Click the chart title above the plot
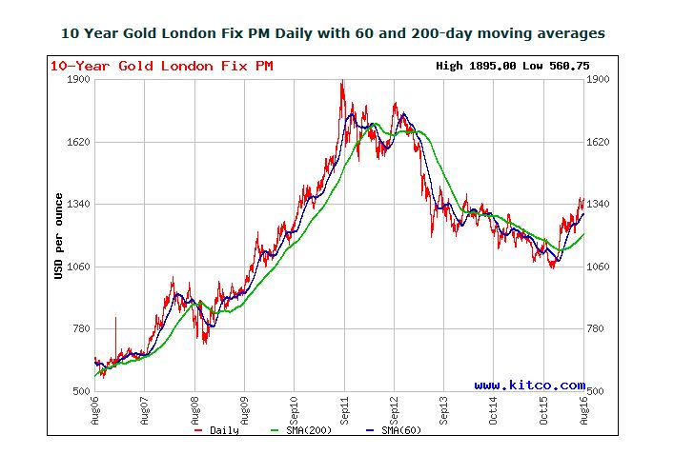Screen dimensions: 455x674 332,33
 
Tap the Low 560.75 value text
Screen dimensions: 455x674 550,66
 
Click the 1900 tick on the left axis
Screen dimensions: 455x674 78,79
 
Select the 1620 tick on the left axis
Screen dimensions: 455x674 78,142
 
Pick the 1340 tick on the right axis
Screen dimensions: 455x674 599,204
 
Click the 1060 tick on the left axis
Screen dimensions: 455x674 78,267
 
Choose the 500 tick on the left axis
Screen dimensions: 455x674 81,391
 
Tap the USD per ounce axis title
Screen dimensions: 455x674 59,236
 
